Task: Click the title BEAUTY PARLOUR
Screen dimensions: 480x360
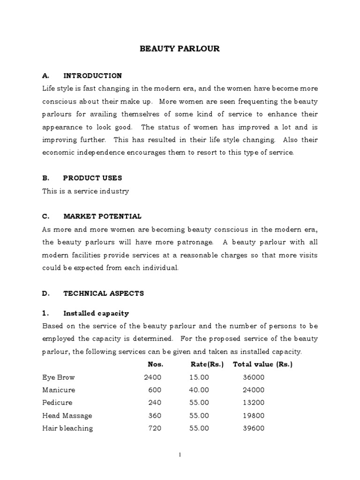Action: (180, 49)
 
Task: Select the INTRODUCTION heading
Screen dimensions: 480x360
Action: (92, 75)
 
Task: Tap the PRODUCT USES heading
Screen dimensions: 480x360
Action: (92, 178)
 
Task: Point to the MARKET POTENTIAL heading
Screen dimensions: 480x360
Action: (102, 216)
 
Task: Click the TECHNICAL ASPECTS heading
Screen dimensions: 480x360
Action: (104, 293)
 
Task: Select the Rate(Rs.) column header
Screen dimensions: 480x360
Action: (207, 364)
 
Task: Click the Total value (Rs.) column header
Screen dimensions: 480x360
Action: (262, 364)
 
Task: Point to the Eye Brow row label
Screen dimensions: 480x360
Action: (58, 377)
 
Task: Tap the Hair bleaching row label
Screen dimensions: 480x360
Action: (67, 428)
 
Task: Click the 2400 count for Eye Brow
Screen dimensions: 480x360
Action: (153, 377)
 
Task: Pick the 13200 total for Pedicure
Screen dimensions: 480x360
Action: (254, 403)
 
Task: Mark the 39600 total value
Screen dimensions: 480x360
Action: (254, 428)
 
